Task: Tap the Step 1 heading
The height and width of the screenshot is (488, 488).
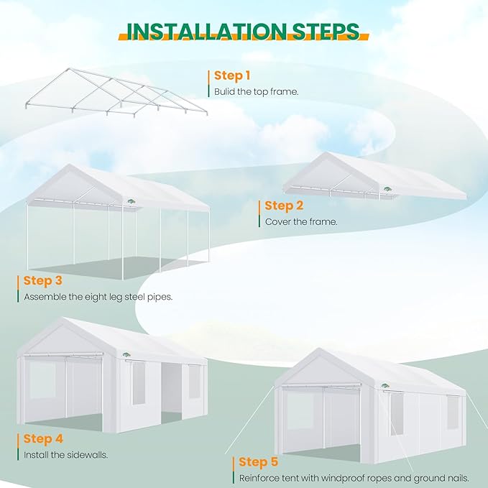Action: click(232, 75)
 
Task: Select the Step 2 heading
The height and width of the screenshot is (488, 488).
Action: click(283, 206)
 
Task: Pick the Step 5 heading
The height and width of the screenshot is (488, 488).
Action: click(258, 461)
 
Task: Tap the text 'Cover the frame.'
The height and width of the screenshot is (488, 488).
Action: click(301, 221)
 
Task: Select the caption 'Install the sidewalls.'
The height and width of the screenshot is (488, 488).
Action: click(66, 454)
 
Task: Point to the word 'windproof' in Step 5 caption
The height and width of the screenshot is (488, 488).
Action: click(344, 477)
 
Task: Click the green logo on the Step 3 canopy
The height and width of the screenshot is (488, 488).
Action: click(132, 201)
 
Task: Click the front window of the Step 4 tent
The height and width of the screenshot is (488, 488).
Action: click(42, 381)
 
